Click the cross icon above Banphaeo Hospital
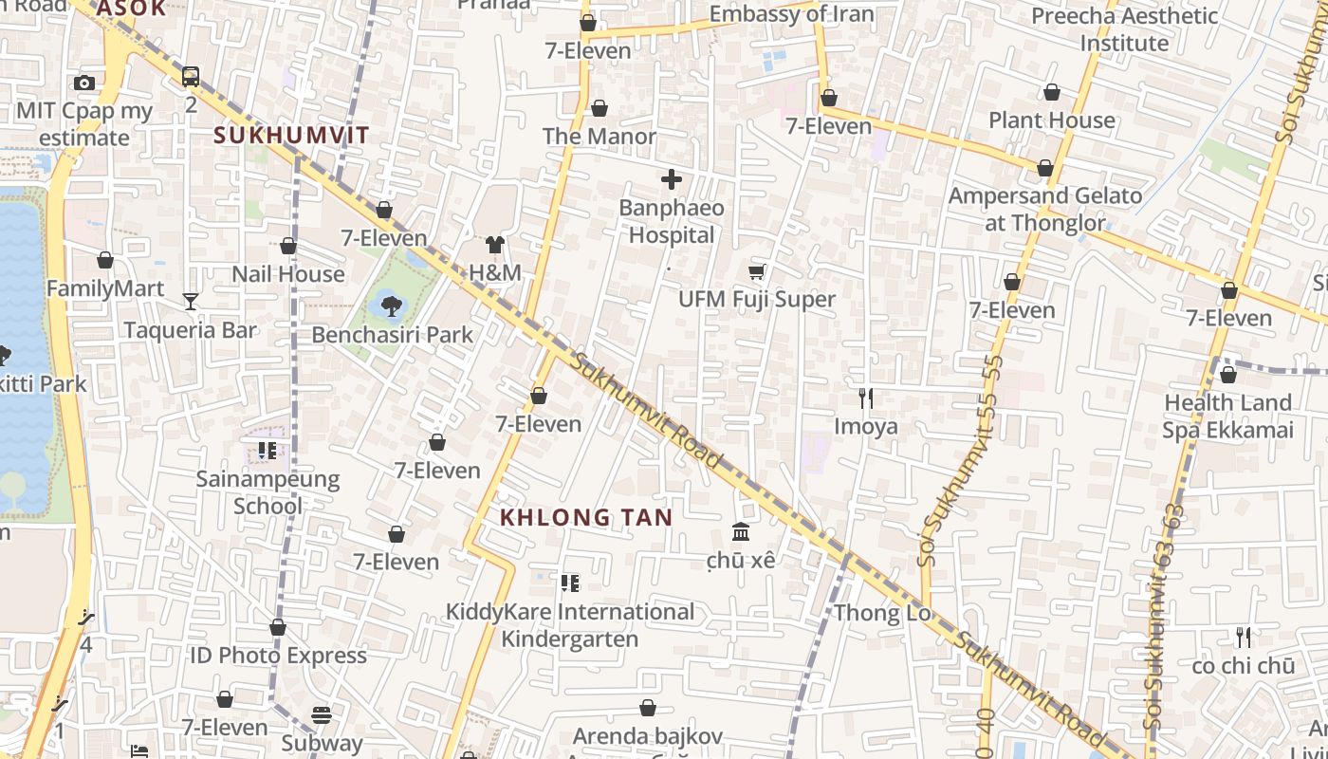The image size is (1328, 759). point(672,178)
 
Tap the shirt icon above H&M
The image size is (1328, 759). point(494,245)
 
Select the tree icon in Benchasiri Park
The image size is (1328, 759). point(391,305)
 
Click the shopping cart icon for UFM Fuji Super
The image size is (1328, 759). point(756,272)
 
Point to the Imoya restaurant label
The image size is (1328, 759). point(865,426)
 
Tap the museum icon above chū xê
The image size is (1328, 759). point(741,532)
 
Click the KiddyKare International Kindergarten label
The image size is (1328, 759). point(570,625)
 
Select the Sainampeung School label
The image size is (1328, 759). point(267,491)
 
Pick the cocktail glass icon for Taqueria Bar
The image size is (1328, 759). point(191,302)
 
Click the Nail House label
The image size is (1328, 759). point(288,274)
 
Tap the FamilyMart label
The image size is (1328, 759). point(105,288)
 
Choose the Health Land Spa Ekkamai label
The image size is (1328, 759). point(1227,417)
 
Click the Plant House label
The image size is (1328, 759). point(1052,120)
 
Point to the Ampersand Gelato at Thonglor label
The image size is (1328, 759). point(1045,210)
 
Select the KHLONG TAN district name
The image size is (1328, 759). point(586,517)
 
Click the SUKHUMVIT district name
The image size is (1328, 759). point(291,135)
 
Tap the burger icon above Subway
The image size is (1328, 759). point(322,714)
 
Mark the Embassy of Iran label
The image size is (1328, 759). point(791,14)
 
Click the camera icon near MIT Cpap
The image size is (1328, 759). point(84,83)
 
